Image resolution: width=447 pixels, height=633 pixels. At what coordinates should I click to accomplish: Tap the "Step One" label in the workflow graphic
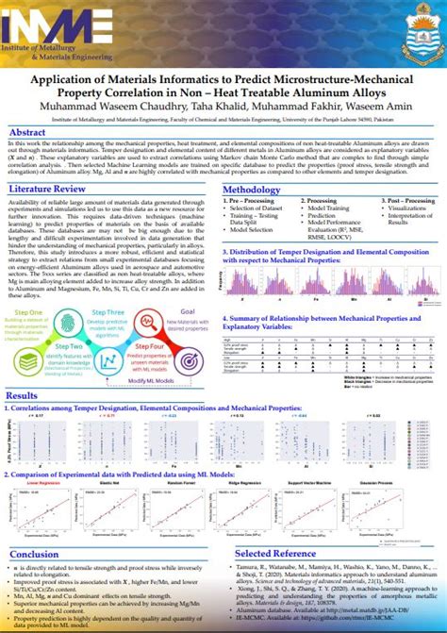29,285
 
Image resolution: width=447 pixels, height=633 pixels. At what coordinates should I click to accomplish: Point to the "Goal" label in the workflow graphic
188,284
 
